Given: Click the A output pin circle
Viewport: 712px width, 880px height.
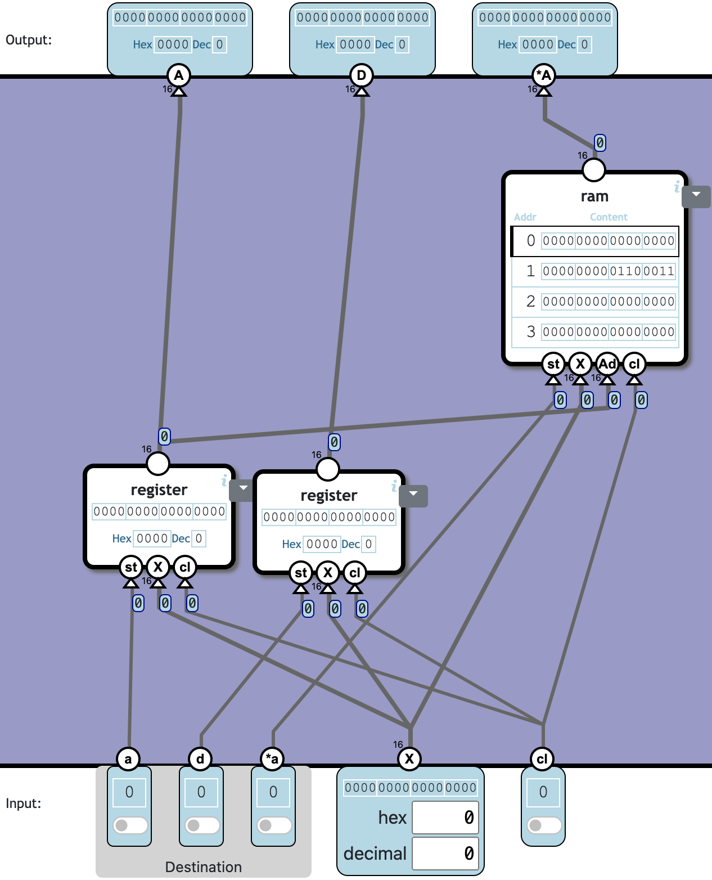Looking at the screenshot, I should coord(179,75).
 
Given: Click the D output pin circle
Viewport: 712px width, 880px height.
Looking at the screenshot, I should coord(361,75).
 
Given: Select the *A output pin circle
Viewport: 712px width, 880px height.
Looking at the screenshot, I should coord(543,75).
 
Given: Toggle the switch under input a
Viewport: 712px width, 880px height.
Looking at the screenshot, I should coord(130,825).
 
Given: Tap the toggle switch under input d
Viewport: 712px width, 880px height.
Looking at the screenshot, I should coord(202,825).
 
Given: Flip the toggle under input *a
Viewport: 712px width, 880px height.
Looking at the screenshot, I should coord(274,825).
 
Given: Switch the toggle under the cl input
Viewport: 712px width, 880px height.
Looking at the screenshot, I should coord(544,825).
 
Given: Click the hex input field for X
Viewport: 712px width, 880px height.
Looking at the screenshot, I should coord(445,818).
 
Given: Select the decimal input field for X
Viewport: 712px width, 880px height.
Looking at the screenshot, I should coord(445,854).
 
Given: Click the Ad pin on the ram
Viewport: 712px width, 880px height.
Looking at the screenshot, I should coord(607,364).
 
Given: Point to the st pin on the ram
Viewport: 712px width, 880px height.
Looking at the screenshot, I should coord(553,364).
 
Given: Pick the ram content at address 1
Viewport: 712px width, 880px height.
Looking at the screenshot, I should coord(608,271).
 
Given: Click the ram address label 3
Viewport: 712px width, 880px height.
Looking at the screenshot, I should coord(530,332).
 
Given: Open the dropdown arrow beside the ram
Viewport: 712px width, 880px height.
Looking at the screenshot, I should coord(696,195).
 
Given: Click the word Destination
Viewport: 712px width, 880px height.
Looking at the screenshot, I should coord(204,867).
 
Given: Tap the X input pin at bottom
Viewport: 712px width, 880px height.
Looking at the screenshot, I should coord(409,759).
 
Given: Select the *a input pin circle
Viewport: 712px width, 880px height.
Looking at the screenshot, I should coord(273,759).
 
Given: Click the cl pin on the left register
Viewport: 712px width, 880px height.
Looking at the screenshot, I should coord(185,567).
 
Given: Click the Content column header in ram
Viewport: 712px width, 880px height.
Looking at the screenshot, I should coord(609,217).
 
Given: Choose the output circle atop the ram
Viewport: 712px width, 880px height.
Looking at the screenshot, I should coord(594,169).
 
